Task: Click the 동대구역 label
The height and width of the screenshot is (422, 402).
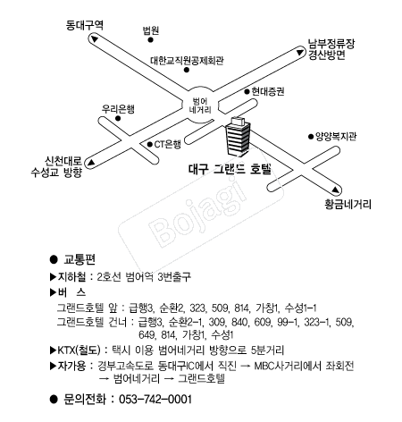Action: (84, 25)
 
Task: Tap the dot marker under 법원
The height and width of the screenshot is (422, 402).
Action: (151, 39)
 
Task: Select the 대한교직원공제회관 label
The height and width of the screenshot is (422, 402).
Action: (187, 61)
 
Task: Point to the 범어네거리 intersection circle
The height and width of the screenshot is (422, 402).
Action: (200, 105)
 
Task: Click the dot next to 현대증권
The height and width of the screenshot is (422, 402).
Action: (247, 91)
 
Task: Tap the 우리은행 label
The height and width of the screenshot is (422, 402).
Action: (118, 109)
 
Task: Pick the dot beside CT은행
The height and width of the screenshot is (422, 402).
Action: (150, 145)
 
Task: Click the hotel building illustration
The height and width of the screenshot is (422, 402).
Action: (238, 136)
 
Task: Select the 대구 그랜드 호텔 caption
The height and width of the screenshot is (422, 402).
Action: (230, 169)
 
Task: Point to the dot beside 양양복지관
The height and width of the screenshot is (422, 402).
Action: (311, 137)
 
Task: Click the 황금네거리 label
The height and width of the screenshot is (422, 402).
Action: (348, 205)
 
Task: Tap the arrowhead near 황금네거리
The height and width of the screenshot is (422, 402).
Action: (336, 190)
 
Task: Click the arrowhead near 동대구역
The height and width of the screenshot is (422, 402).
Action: (95, 39)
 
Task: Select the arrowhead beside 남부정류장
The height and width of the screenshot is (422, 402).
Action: (299, 53)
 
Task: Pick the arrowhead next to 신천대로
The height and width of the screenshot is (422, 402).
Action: (90, 163)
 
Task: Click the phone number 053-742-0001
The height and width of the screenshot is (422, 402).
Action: (155, 399)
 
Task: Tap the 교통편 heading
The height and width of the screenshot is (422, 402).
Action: (80, 259)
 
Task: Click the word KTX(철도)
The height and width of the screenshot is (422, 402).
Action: (79, 350)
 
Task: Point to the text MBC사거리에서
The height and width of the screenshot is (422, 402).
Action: (288, 366)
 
